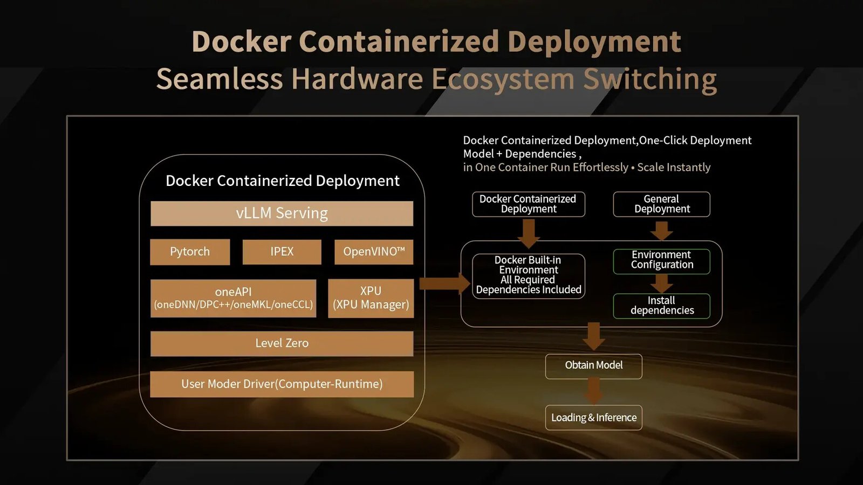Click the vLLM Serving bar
click(x=282, y=213)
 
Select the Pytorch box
click(x=190, y=252)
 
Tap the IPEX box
click(x=282, y=252)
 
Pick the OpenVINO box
click(x=374, y=252)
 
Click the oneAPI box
click(x=233, y=298)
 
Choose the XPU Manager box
click(x=371, y=298)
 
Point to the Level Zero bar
click(x=282, y=343)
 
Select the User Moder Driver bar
click(x=282, y=384)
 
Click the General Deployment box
click(x=661, y=204)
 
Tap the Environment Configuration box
click(x=661, y=260)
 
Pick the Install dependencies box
click(x=661, y=306)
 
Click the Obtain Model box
click(x=593, y=366)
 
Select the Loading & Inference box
click(x=593, y=418)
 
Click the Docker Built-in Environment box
click(x=529, y=275)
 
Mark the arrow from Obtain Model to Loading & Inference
click(x=593, y=391)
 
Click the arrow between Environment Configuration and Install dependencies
click(x=661, y=283)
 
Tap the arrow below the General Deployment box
click(x=661, y=230)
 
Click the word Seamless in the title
click(x=219, y=79)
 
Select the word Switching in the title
click(x=649, y=79)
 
